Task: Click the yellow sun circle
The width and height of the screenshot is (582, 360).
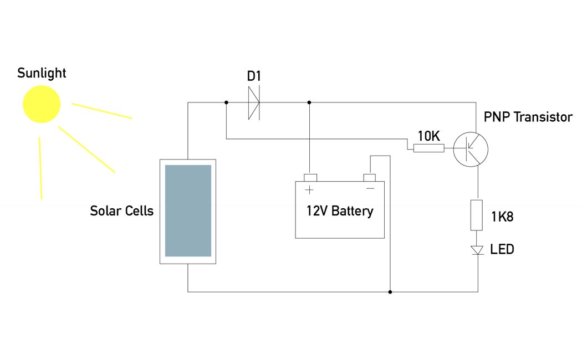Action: tap(41, 104)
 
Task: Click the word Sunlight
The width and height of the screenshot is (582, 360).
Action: tap(42, 73)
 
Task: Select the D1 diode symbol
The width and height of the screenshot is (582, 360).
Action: tap(254, 102)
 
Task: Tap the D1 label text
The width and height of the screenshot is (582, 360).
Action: tap(254, 76)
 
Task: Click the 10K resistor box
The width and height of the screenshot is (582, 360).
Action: tap(428, 148)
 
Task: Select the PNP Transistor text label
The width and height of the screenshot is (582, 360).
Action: tap(528, 117)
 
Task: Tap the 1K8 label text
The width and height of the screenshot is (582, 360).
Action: tap(502, 217)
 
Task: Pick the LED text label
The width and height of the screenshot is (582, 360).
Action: tap(502, 250)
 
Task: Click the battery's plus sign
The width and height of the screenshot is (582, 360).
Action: tap(309, 190)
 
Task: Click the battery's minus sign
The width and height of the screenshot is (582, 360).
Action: tap(370, 189)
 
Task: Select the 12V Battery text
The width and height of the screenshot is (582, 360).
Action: tap(340, 211)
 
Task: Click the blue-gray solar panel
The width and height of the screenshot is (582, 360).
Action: tap(188, 210)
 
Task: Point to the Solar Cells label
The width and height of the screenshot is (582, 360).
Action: tap(121, 211)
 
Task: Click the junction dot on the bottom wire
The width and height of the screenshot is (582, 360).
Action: tap(390, 292)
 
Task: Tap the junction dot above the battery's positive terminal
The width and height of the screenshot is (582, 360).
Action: tap(309, 102)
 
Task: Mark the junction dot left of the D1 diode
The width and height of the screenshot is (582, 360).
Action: tap(226, 102)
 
